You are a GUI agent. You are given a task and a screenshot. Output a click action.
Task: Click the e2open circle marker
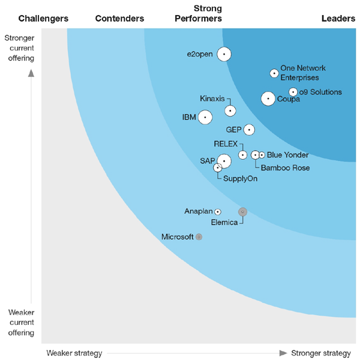224,54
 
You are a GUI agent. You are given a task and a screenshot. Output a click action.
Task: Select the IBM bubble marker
205,117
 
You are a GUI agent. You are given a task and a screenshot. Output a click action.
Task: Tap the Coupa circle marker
268,98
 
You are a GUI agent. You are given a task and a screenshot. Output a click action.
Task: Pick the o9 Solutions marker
293,92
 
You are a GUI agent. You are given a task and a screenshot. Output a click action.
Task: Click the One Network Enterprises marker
274,73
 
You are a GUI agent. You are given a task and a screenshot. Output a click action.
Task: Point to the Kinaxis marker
230,110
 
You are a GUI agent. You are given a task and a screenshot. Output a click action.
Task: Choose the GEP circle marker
248,130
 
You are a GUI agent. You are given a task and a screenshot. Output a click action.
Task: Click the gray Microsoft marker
199,237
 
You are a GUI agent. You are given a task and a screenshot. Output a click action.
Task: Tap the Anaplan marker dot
217,212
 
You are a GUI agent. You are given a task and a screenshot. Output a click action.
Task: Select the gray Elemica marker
242,211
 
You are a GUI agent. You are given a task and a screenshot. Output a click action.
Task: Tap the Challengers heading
43,19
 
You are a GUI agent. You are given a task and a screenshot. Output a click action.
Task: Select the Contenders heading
119,19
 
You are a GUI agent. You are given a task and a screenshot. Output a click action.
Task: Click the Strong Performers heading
198,14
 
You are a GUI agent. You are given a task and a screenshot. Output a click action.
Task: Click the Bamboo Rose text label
285,168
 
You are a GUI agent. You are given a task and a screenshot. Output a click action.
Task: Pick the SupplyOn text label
240,178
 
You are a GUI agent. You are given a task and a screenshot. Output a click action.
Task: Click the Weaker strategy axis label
74,352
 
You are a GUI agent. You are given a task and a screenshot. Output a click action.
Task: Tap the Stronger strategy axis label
321,352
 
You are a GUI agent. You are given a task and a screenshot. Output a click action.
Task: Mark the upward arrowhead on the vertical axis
31,73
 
